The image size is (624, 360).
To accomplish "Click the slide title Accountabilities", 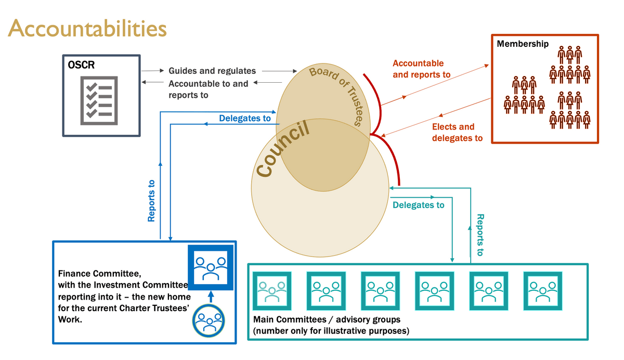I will pos(87,28).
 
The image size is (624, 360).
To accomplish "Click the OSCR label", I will pos(81,66).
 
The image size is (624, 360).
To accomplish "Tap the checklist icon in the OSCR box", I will pos(99,100).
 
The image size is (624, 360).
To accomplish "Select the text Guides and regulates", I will pos(212,71).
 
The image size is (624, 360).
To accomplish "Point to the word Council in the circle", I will pos(284,149).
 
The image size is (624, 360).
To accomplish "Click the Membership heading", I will pos(522,44).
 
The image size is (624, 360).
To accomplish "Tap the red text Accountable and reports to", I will pos(421,69).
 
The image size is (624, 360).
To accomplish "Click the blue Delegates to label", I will pos(245,119).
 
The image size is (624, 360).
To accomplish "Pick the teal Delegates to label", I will pos(419,205).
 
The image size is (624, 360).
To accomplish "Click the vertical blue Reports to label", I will pos(151,201).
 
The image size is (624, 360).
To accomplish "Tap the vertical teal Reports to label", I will pos(480,235).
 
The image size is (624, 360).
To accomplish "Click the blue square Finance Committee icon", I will pos(210,267).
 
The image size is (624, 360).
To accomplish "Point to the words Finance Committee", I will pos(99,274).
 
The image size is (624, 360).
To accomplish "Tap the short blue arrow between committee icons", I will pos(210,297).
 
